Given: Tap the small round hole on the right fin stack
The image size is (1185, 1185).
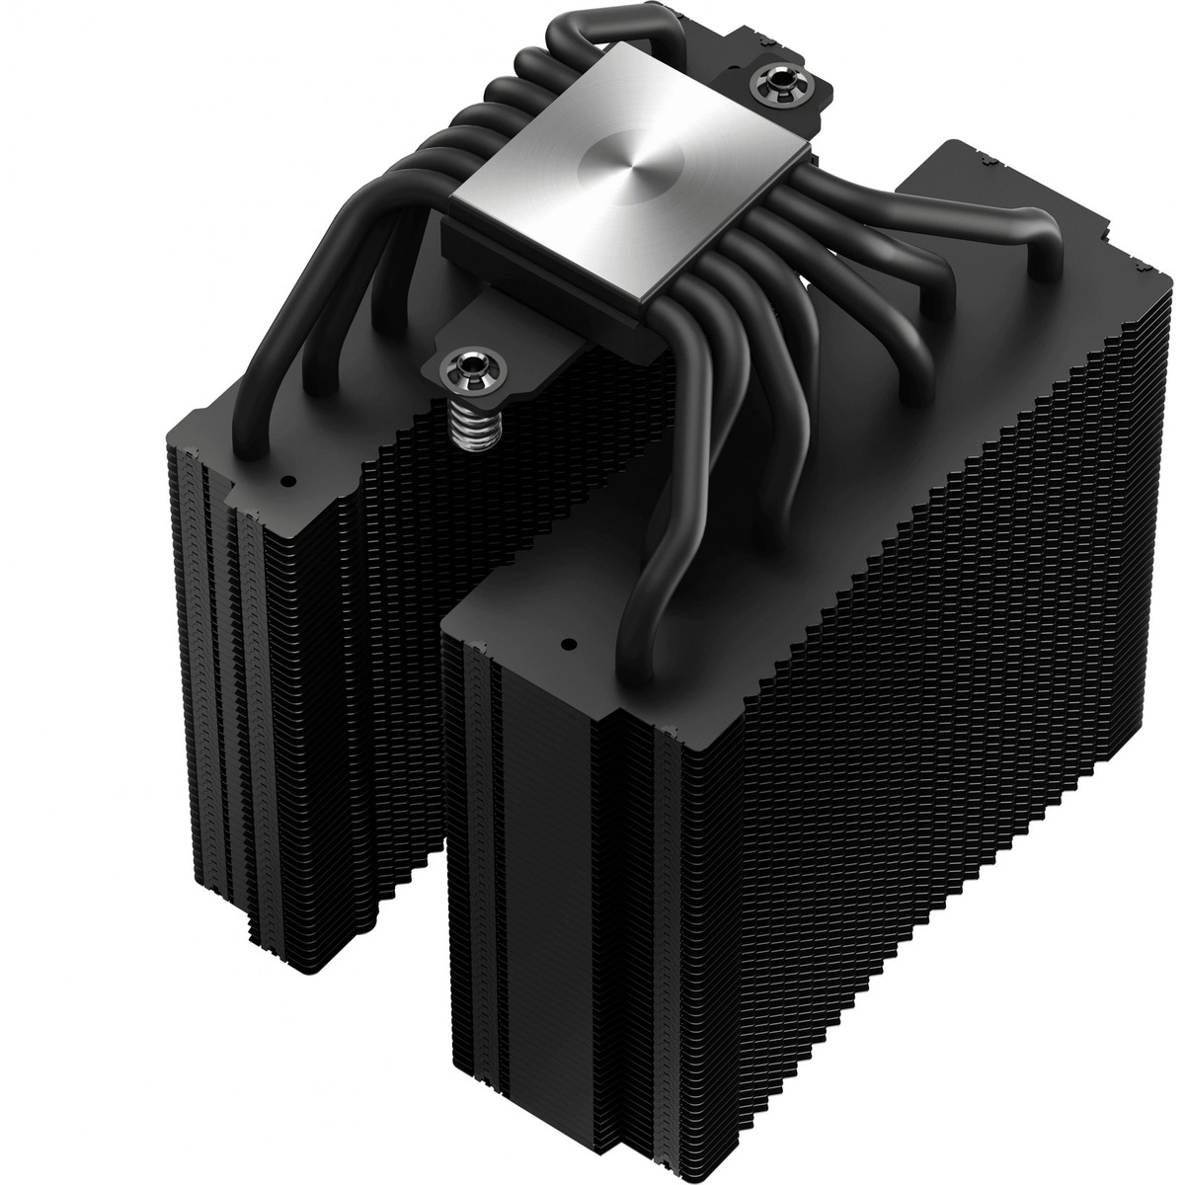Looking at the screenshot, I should (x=568, y=644).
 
